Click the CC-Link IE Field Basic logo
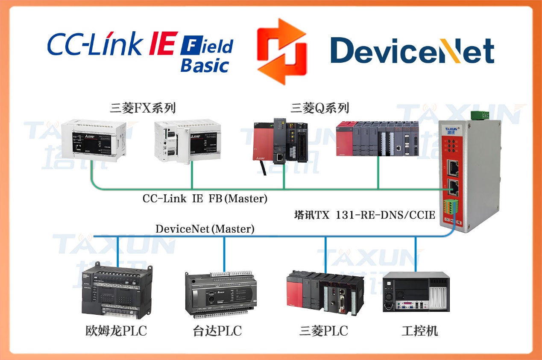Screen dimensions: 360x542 [x=140, y=50]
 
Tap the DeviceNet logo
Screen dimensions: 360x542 [x=412, y=51]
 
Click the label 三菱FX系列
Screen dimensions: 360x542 [x=143, y=108]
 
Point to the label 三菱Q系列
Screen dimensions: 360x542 [x=320, y=108]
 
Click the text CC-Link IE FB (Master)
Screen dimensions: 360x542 [x=205, y=199]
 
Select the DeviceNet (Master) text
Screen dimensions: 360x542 [x=205, y=229]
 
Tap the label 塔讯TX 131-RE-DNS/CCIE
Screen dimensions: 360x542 [x=365, y=215]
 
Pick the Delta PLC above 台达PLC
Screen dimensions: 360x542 [x=221, y=295]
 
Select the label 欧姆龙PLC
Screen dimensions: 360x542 [x=116, y=331]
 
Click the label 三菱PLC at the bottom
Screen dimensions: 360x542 [x=323, y=331]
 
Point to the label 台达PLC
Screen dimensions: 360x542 [x=217, y=331]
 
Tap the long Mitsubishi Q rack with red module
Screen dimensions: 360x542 [x=377, y=138]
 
